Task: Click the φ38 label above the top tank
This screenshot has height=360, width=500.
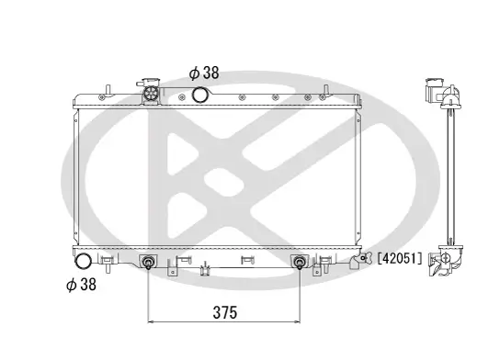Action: tap(203, 72)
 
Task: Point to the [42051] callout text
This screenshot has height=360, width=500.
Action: tap(400, 259)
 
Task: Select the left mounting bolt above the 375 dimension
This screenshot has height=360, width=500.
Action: tap(148, 264)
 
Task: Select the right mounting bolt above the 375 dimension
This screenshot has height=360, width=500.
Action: tap(299, 264)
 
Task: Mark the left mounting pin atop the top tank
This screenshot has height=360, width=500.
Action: tap(108, 88)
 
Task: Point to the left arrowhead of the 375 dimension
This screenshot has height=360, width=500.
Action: tap(152, 322)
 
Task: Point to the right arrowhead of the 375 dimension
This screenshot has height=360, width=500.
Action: tap(295, 322)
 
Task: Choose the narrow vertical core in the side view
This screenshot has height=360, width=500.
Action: tap(449, 174)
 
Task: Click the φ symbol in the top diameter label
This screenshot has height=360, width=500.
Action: tap(194, 72)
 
